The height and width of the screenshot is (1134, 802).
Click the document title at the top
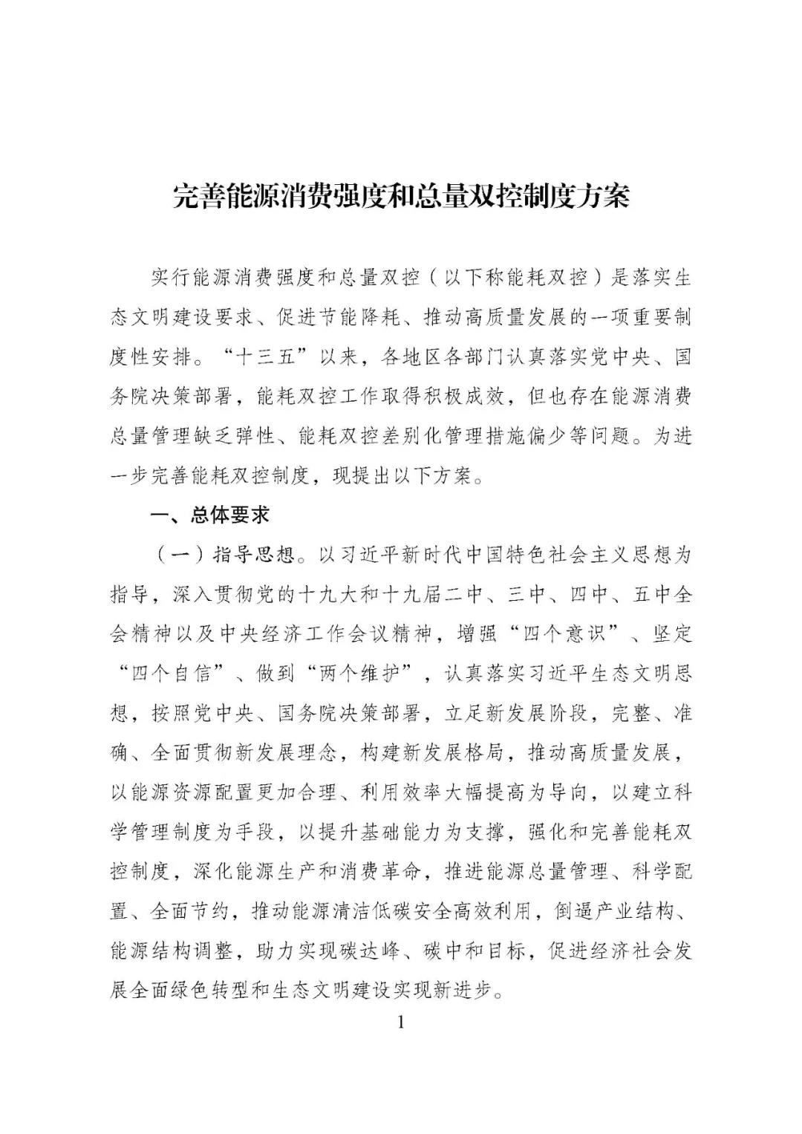(x=401, y=196)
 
